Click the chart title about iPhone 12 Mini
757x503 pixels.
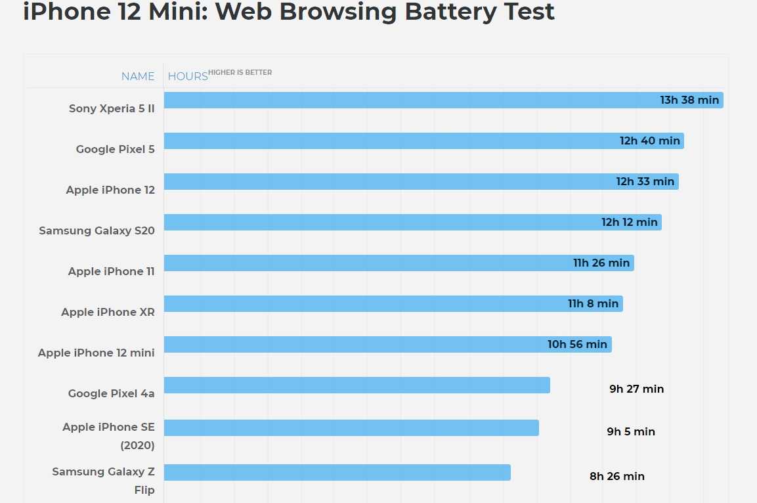[x=289, y=12]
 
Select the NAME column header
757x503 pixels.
[x=138, y=76]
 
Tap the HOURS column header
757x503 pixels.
[x=188, y=76]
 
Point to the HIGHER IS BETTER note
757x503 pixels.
[x=240, y=72]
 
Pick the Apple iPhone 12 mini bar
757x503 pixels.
[x=355, y=345]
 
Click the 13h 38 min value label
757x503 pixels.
[x=689, y=100]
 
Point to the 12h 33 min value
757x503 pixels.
[x=645, y=182]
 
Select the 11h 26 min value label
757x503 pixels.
[x=601, y=263]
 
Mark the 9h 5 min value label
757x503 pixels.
[x=631, y=431]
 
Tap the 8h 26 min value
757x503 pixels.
[x=616, y=476]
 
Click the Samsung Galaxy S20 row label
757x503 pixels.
[x=97, y=230]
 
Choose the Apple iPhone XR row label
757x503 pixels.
[x=108, y=312]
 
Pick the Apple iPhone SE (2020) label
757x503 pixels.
[x=108, y=435]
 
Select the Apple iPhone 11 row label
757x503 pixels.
[x=111, y=271]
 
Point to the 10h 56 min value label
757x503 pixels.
[x=577, y=345]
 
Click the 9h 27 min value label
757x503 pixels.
[x=636, y=389]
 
